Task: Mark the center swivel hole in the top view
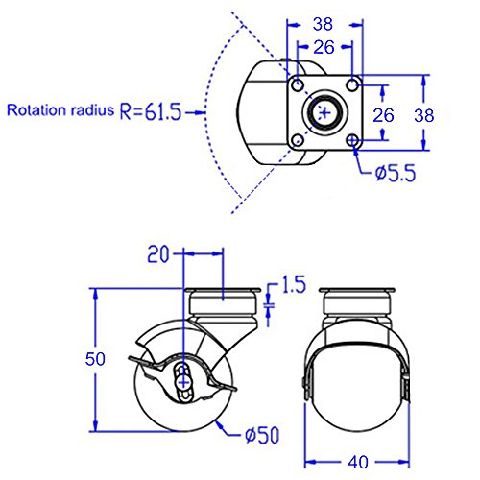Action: pos(327,113)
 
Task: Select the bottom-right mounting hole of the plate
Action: pos(355,142)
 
